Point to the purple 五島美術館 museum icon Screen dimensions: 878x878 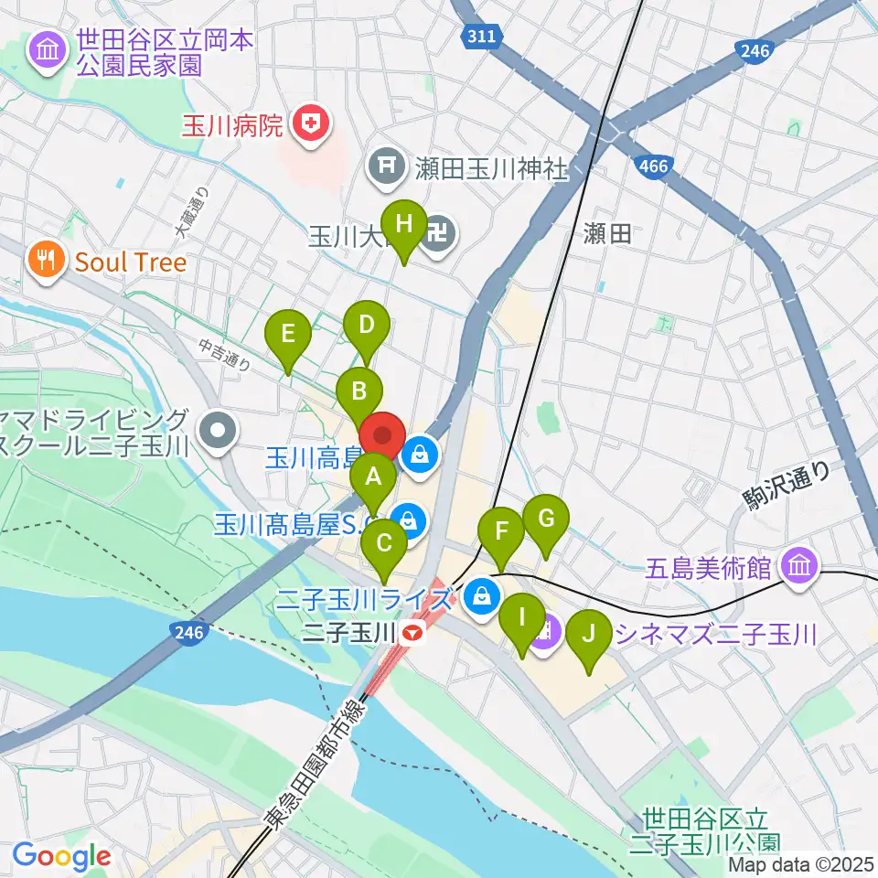[x=799, y=567]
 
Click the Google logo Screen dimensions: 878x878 [x=61, y=857]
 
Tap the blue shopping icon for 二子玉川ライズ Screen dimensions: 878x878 [x=478, y=599]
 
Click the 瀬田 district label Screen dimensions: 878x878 [x=607, y=234]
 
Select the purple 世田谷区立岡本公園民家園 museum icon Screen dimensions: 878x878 [x=46, y=52]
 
